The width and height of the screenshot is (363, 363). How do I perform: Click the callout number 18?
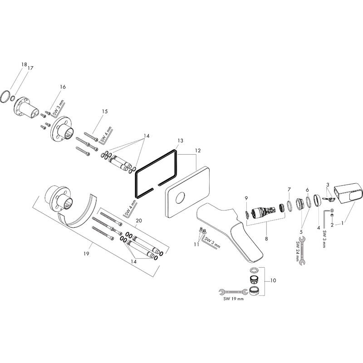(x=24, y=65)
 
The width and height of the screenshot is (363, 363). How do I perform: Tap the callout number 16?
(x=63, y=87)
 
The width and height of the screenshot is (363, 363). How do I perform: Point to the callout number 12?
(x=197, y=150)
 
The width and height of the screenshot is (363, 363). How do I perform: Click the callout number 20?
(x=139, y=220)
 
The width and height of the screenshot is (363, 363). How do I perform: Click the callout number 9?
(x=246, y=198)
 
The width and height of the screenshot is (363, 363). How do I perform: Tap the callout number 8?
(x=266, y=237)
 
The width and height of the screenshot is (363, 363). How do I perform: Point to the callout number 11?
(x=196, y=245)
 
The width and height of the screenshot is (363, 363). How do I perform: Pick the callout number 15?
(x=105, y=111)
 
